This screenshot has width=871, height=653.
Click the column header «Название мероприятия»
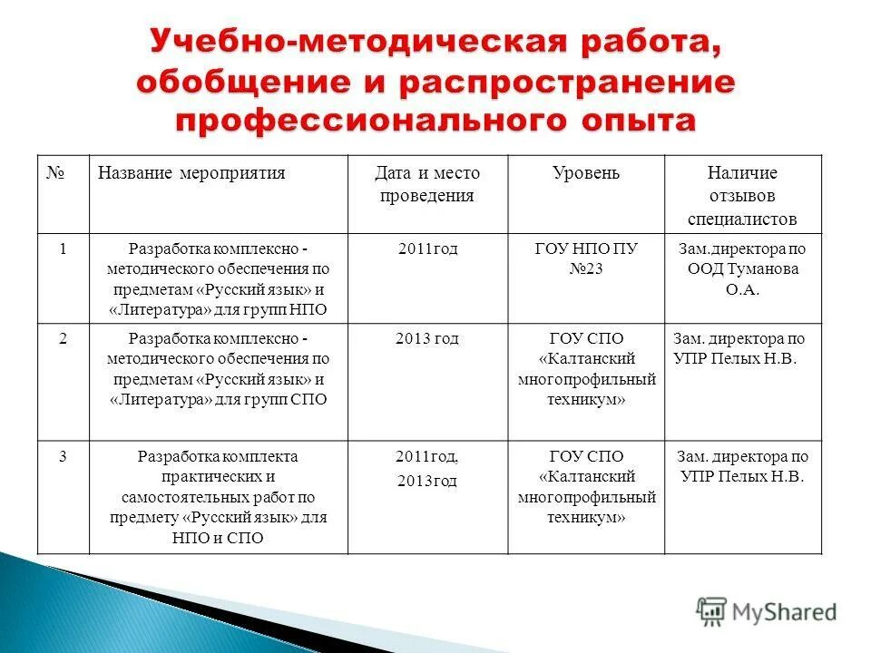click(x=191, y=173)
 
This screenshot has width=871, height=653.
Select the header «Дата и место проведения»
click(x=427, y=184)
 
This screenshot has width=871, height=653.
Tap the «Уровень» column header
click(x=586, y=173)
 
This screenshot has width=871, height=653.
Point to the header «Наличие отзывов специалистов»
click(x=742, y=195)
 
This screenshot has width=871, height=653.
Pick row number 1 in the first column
click(x=63, y=249)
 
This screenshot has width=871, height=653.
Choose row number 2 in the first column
click(x=63, y=338)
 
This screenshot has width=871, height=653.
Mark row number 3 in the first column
click(x=63, y=456)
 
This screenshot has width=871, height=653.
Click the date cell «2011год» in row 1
click(x=427, y=249)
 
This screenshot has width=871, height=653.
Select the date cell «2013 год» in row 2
click(x=427, y=338)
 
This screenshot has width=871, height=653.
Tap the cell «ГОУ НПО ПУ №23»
click(x=586, y=258)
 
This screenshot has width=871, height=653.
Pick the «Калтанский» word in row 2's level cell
click(x=586, y=358)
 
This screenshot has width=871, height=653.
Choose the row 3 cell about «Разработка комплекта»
click(x=218, y=497)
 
